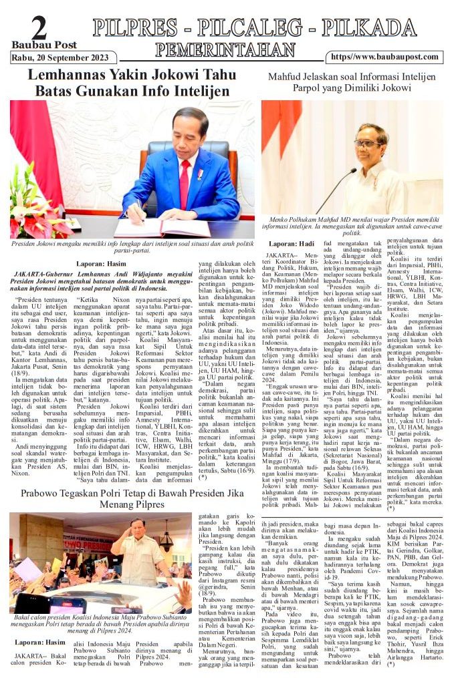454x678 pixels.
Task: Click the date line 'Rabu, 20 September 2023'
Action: click(60, 57)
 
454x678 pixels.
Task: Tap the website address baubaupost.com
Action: click(384, 57)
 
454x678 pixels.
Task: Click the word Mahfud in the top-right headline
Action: click(286, 77)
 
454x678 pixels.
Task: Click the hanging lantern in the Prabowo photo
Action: click(166, 540)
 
